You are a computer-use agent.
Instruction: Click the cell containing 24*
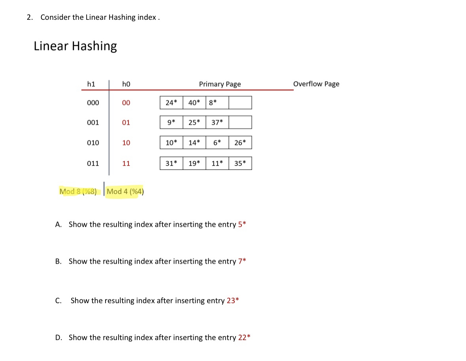click(x=171, y=103)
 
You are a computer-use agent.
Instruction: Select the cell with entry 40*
click(x=194, y=103)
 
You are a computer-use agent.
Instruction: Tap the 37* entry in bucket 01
click(x=217, y=122)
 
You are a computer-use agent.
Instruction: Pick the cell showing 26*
click(x=240, y=142)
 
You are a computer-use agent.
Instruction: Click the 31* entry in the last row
click(x=171, y=163)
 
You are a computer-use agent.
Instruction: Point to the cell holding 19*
click(x=194, y=163)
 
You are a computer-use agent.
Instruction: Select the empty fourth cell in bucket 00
click(x=240, y=103)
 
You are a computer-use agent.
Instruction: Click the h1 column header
click(x=91, y=84)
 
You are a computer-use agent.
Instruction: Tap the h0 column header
click(x=126, y=84)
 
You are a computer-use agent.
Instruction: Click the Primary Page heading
click(x=220, y=84)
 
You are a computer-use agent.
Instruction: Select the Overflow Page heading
click(x=316, y=84)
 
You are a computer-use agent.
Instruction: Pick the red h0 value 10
click(x=126, y=142)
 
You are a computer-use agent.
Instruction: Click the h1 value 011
click(x=93, y=163)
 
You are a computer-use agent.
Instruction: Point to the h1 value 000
click(x=93, y=103)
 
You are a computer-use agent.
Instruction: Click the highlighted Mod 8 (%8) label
click(x=78, y=192)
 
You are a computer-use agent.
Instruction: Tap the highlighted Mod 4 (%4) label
click(x=125, y=192)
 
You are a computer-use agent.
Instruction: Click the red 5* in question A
click(x=242, y=224)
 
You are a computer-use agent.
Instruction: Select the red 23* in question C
click(x=233, y=300)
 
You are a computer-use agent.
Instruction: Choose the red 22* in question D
click(x=244, y=338)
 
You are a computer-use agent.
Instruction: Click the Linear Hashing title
click(x=75, y=46)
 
